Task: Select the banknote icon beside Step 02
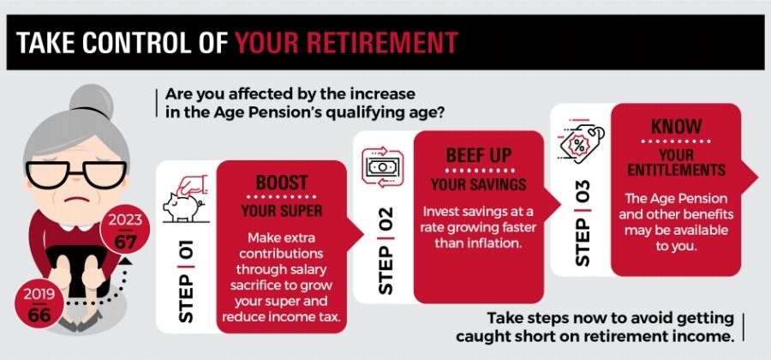383,168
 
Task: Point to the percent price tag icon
581,141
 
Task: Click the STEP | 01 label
187,280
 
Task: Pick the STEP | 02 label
386,250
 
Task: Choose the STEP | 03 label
583,223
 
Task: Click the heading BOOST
282,183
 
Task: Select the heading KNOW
676,127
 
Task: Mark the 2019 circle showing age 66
39,304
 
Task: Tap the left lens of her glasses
47,175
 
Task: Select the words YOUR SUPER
282,212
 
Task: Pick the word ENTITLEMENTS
676,171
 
